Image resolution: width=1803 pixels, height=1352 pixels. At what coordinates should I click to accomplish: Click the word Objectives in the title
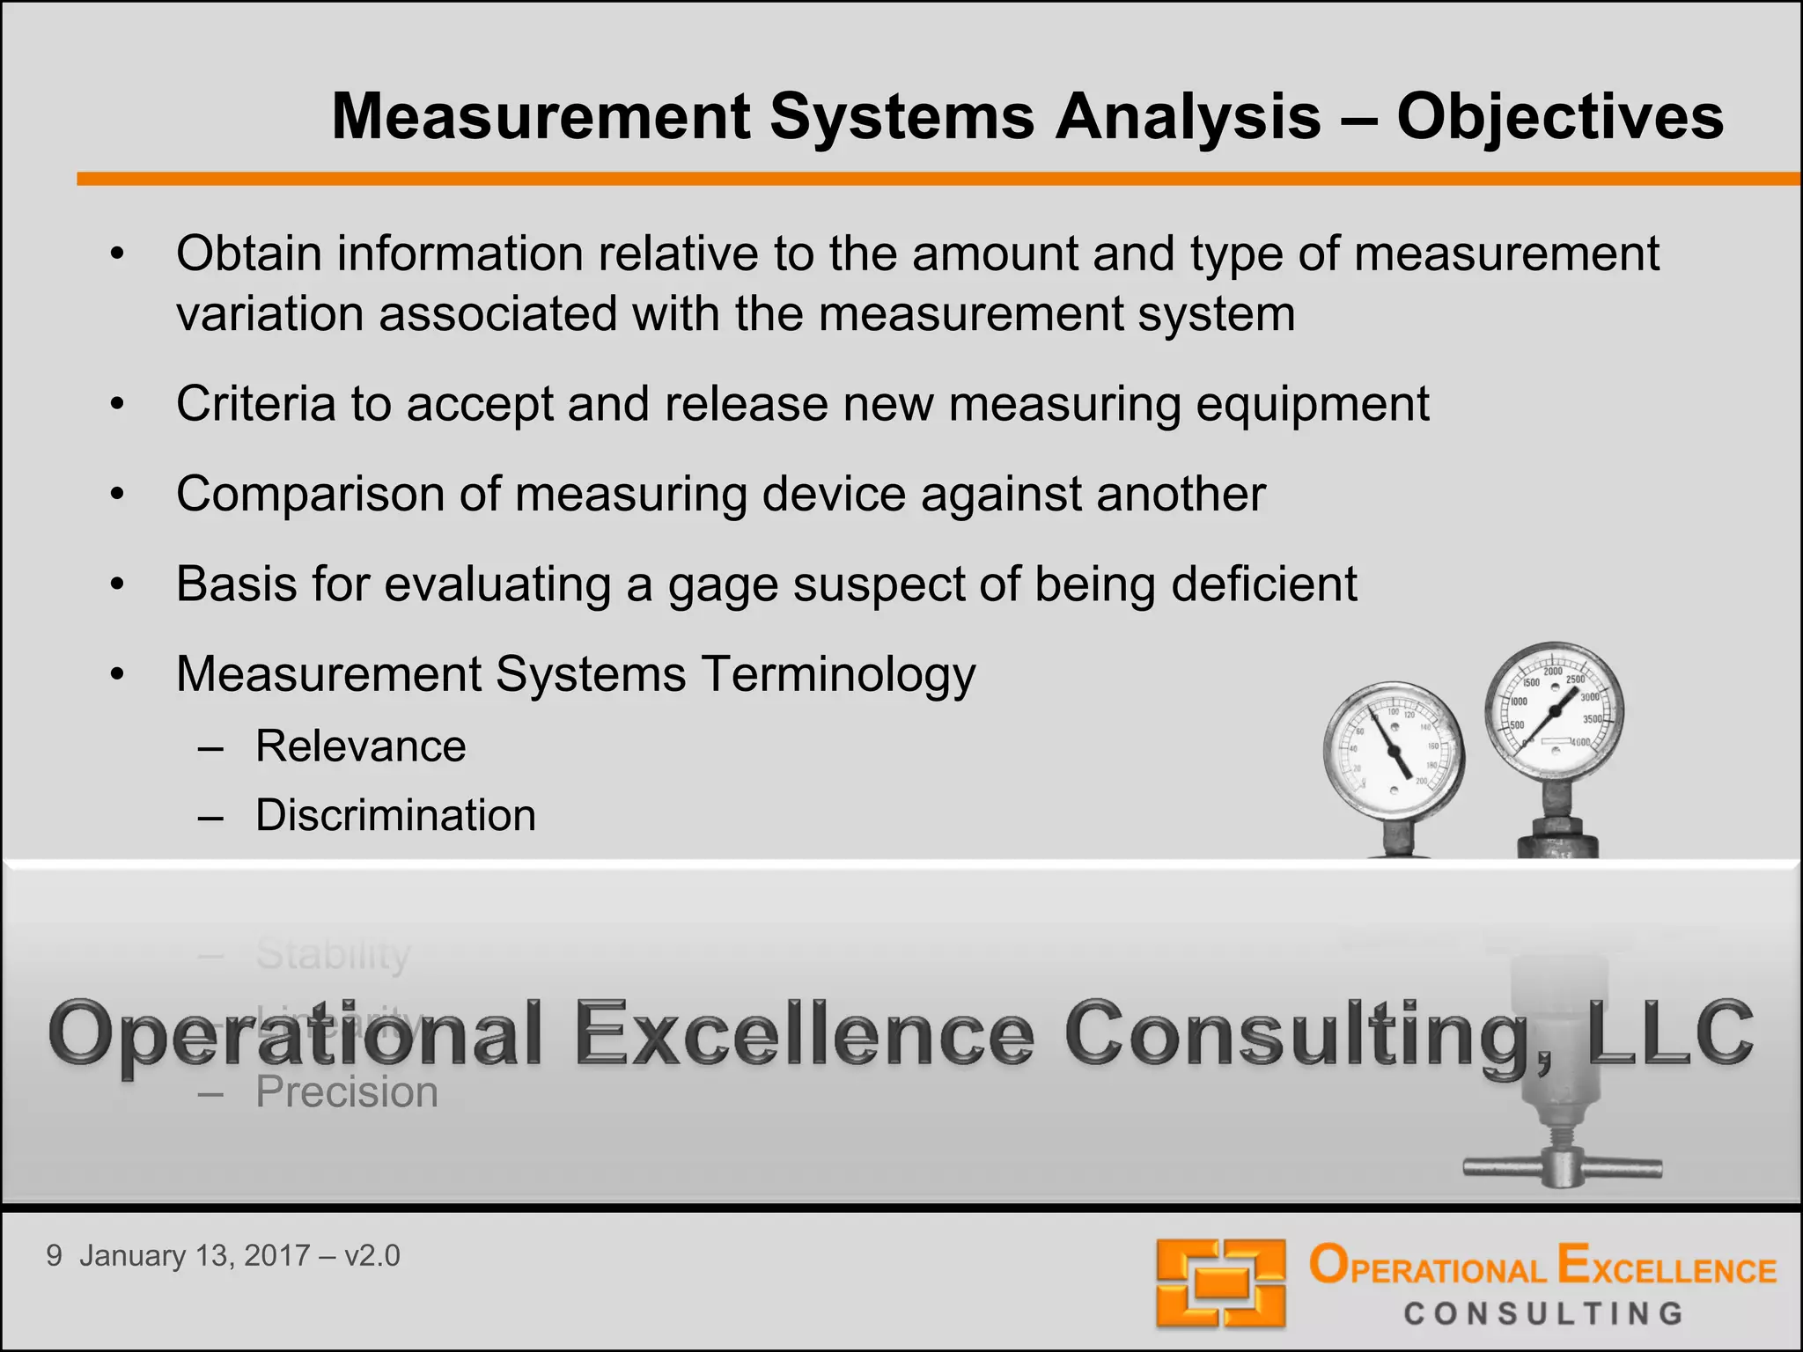coord(1559,117)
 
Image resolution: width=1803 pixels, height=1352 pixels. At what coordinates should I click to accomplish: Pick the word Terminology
coord(838,676)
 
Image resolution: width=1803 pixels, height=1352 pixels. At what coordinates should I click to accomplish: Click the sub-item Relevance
coord(360,746)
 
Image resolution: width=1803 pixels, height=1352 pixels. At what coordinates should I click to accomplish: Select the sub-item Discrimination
coord(395,815)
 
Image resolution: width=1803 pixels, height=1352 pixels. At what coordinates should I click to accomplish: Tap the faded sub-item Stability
coord(333,954)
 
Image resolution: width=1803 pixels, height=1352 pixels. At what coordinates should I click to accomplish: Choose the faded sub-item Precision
coord(347,1092)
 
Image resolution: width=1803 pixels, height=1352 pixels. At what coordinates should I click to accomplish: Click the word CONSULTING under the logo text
coord(1542,1314)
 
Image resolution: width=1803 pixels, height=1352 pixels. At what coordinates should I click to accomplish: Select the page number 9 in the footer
coord(55,1256)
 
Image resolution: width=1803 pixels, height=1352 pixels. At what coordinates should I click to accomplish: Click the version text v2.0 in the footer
coord(372,1256)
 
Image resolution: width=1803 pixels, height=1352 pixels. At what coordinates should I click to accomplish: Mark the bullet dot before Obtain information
coord(118,255)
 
